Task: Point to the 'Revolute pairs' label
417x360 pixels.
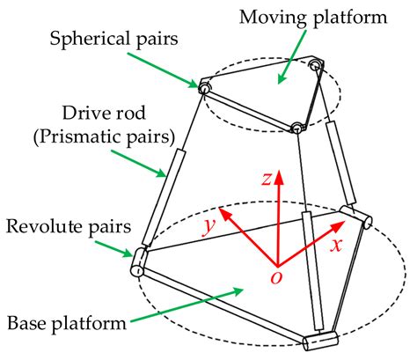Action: (x=66, y=227)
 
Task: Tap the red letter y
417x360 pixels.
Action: (x=210, y=226)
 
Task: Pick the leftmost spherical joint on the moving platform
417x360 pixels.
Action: (x=204, y=87)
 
